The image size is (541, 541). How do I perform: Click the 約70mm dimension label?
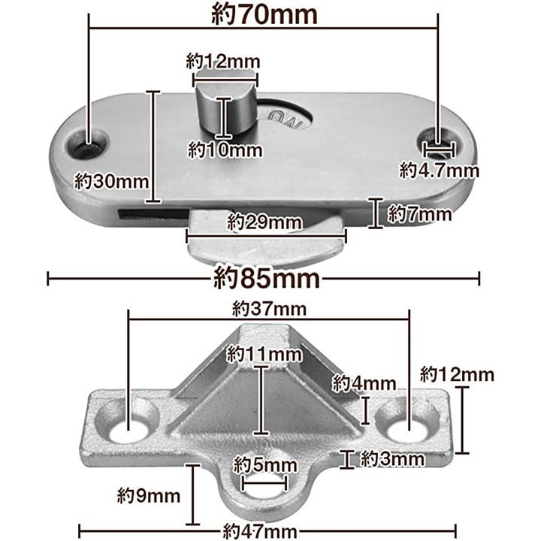[264, 14]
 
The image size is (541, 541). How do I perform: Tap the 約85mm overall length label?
[266, 278]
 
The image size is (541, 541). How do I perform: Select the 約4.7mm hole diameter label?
[440, 170]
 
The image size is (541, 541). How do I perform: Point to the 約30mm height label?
[111, 181]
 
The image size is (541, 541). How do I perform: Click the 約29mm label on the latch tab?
[264, 222]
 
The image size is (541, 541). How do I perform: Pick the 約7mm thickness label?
[419, 214]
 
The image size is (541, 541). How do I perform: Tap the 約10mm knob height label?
[225, 150]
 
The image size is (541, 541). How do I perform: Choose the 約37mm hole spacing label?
[269, 309]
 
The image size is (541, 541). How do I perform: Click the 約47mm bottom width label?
[260, 531]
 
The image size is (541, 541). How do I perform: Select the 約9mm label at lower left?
[149, 496]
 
